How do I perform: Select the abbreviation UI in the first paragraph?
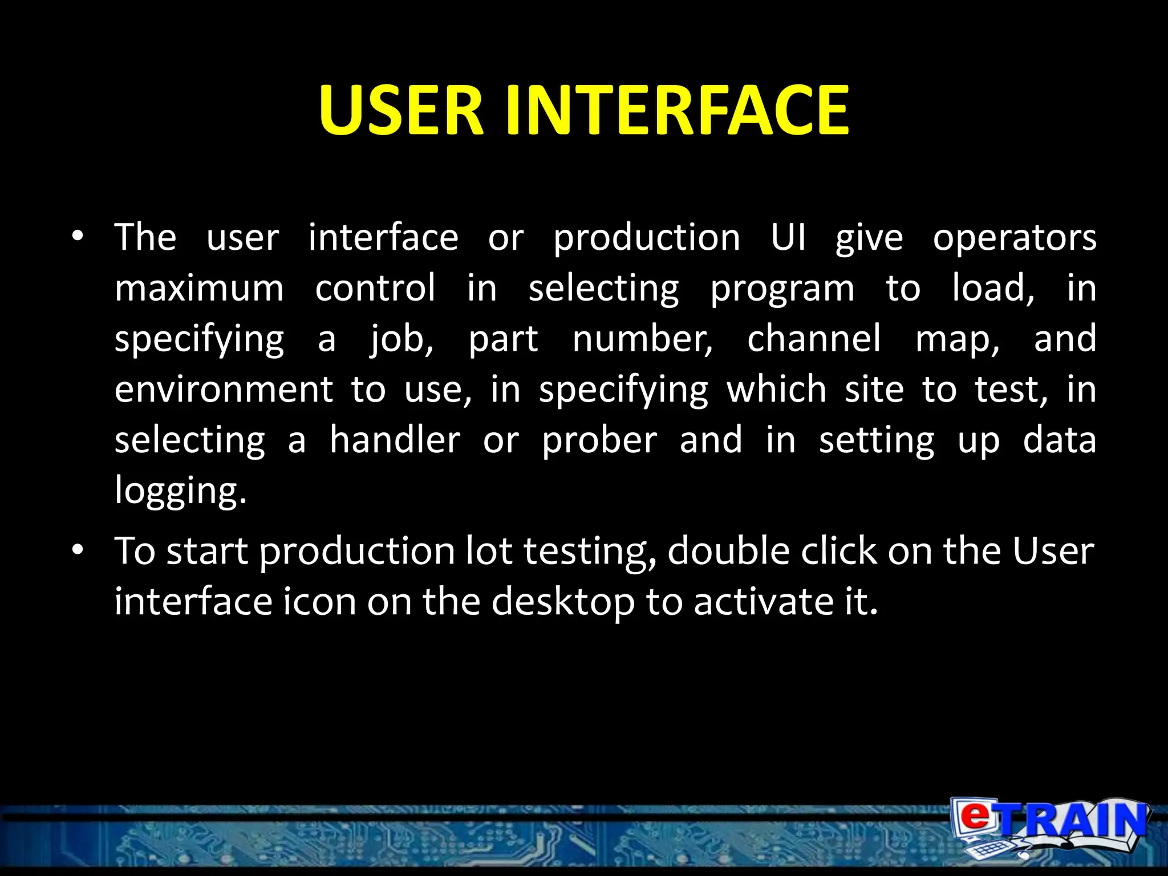pos(788,237)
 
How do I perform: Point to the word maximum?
pos(199,288)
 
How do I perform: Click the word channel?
pos(814,338)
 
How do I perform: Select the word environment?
pos(224,390)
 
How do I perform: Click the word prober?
pos(599,441)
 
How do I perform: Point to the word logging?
pos(180,491)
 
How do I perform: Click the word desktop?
pos(562,602)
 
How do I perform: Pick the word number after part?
pos(642,338)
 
